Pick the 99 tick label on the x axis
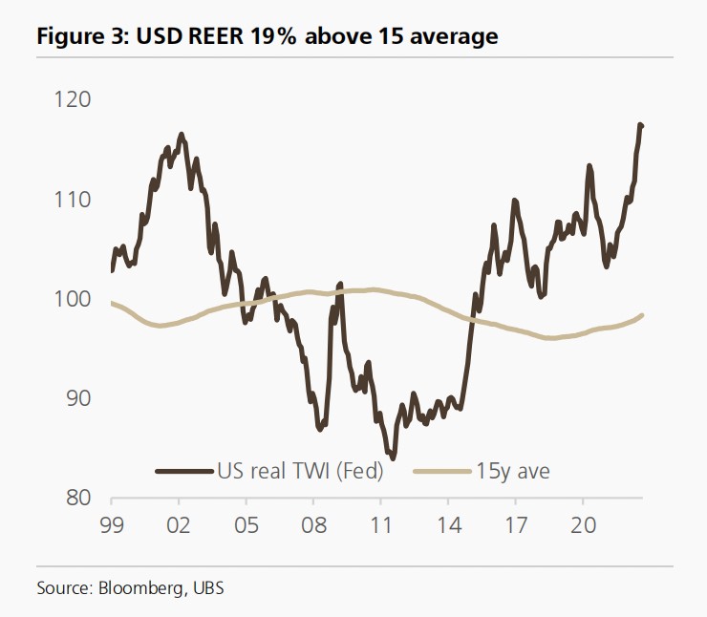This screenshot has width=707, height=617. pyautogui.click(x=112, y=524)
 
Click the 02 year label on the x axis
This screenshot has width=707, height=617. pyautogui.click(x=179, y=524)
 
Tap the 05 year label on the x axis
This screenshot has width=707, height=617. pyautogui.click(x=246, y=524)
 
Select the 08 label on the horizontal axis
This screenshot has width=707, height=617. pyautogui.click(x=313, y=524)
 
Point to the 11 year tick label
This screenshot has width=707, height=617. pyautogui.click(x=380, y=524)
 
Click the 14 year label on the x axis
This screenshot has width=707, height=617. pyautogui.click(x=448, y=524)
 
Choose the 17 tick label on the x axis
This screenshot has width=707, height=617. pyautogui.click(x=515, y=524)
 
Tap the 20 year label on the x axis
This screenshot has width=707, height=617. pyautogui.click(x=583, y=524)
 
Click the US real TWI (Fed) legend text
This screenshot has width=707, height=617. pyautogui.click(x=300, y=470)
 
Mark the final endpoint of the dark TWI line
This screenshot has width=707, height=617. pyautogui.click(x=642, y=126)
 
